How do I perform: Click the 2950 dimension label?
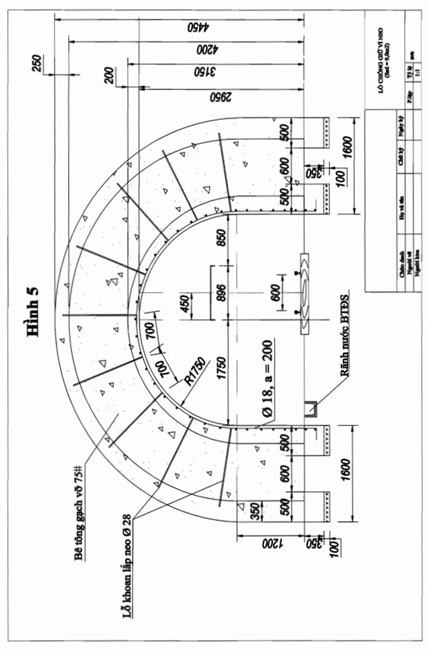[x=221, y=97]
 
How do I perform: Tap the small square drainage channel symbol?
[x=312, y=409]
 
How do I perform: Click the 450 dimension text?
[x=183, y=303]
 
